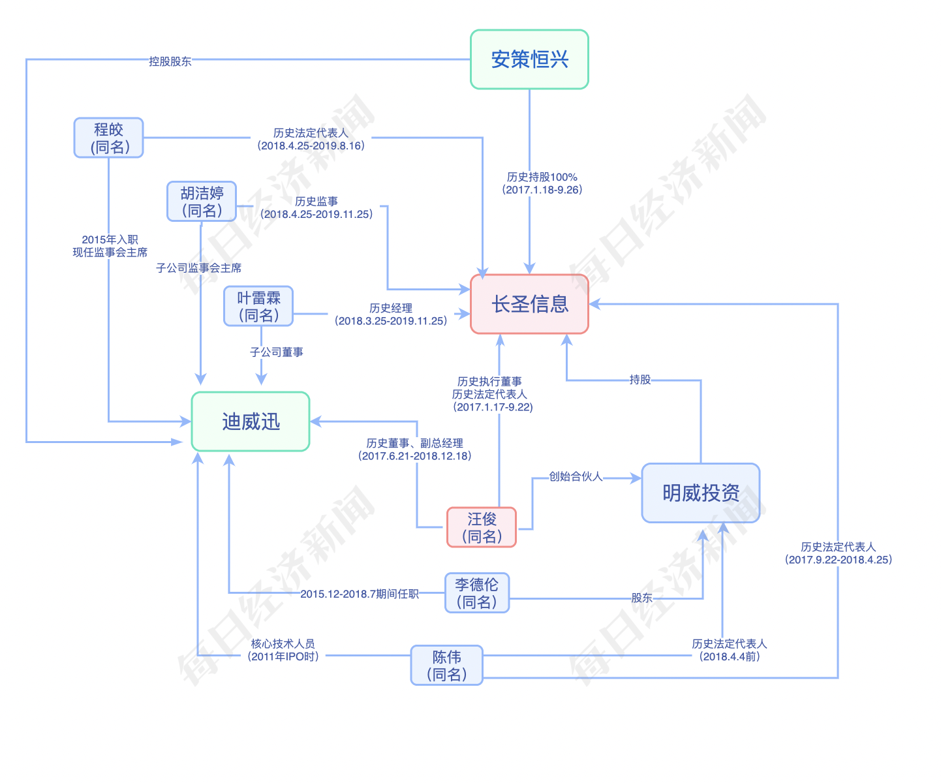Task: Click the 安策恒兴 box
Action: (529, 59)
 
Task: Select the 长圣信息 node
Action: (529, 304)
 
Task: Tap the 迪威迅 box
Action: (251, 422)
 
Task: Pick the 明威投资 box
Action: (701, 493)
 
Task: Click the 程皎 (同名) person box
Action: (108, 138)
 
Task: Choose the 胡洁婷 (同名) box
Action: (202, 202)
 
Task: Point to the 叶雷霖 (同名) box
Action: (258, 306)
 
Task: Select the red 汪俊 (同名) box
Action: (482, 527)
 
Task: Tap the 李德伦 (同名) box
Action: (477, 592)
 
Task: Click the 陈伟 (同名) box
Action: (447, 665)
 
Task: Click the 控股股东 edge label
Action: (170, 61)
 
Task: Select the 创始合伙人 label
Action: (576, 476)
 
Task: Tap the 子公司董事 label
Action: (277, 352)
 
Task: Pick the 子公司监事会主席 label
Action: (199, 268)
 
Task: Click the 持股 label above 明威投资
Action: (640, 380)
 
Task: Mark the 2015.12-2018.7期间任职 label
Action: (360, 594)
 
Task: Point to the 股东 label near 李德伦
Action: (641, 598)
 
